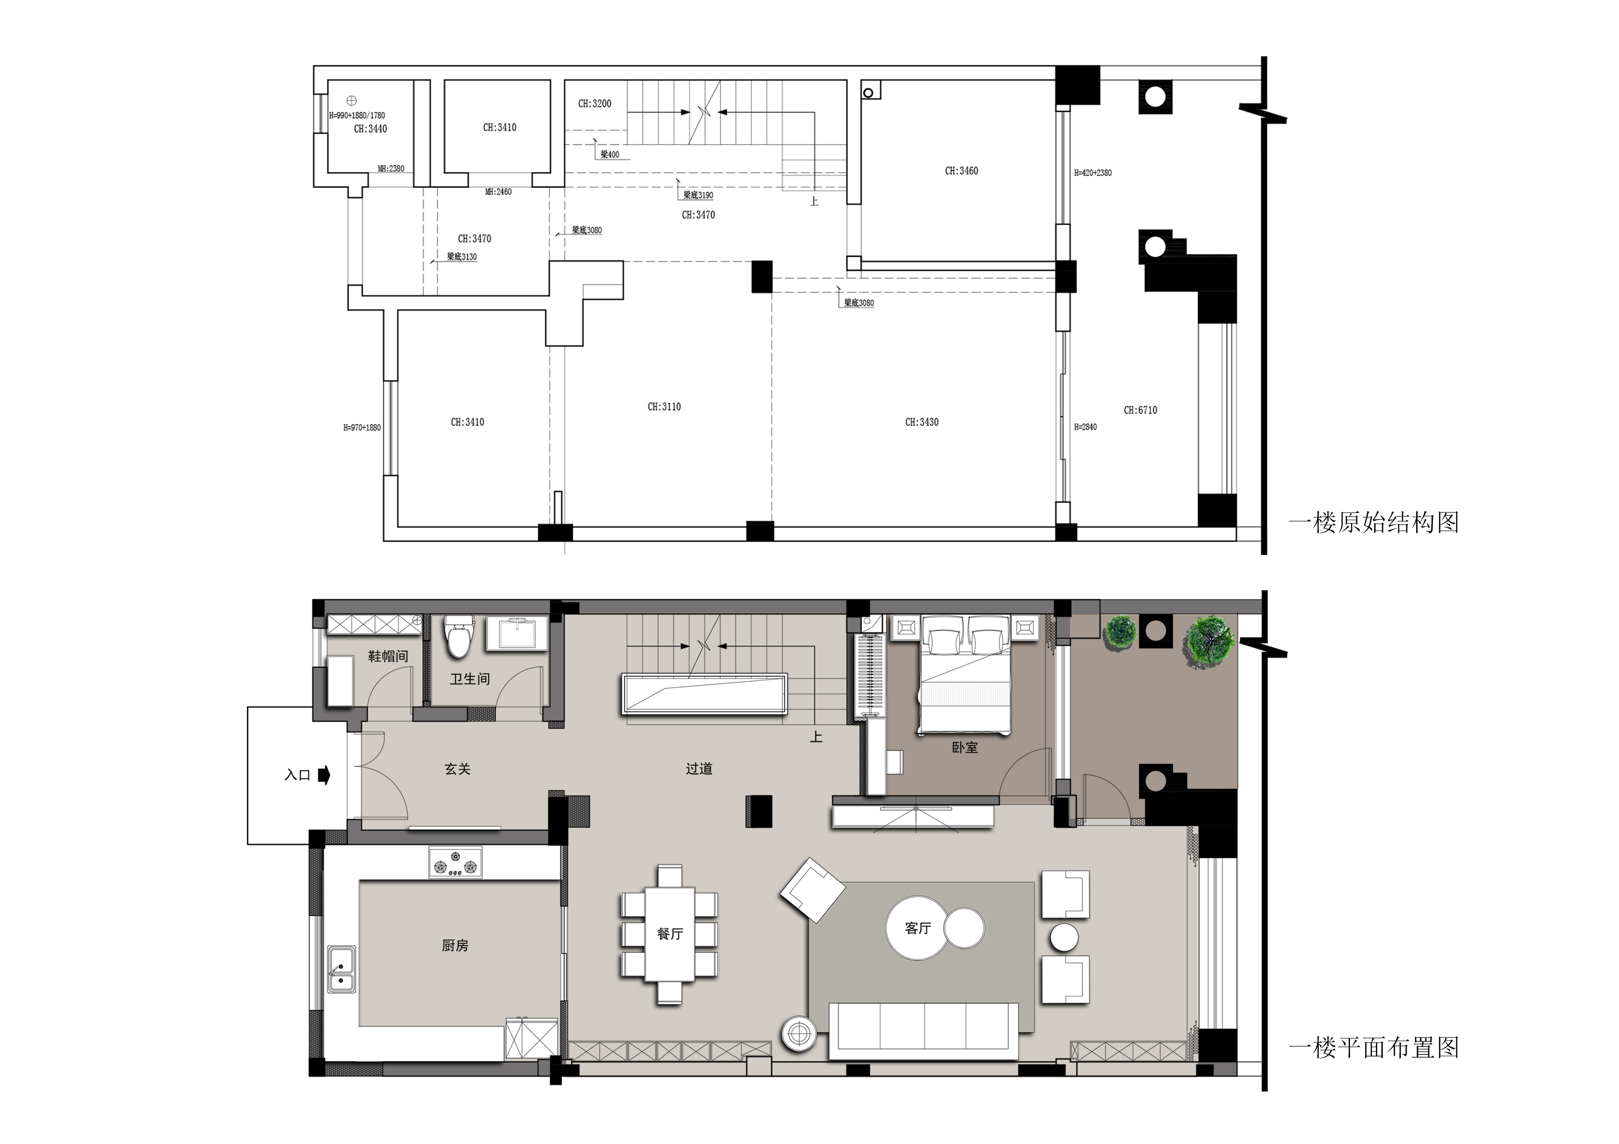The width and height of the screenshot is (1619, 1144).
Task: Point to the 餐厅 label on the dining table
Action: (670, 934)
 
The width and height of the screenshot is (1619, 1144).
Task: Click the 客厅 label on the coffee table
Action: (918, 928)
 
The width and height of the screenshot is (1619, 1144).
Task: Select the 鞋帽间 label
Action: (388, 656)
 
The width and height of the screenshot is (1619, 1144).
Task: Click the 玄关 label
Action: (458, 769)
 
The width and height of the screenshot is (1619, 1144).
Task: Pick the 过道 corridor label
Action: (699, 769)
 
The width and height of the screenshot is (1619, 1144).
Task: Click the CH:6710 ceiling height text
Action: (1140, 410)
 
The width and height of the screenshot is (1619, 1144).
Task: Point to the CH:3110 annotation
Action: (664, 407)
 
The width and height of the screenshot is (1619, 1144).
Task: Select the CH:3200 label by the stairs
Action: (594, 104)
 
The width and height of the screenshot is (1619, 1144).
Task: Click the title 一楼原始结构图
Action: (1374, 522)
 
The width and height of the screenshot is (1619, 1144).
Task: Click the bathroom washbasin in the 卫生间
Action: (517, 633)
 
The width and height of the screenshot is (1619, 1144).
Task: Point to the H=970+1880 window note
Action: (362, 428)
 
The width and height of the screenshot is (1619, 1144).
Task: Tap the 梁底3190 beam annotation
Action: (698, 195)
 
